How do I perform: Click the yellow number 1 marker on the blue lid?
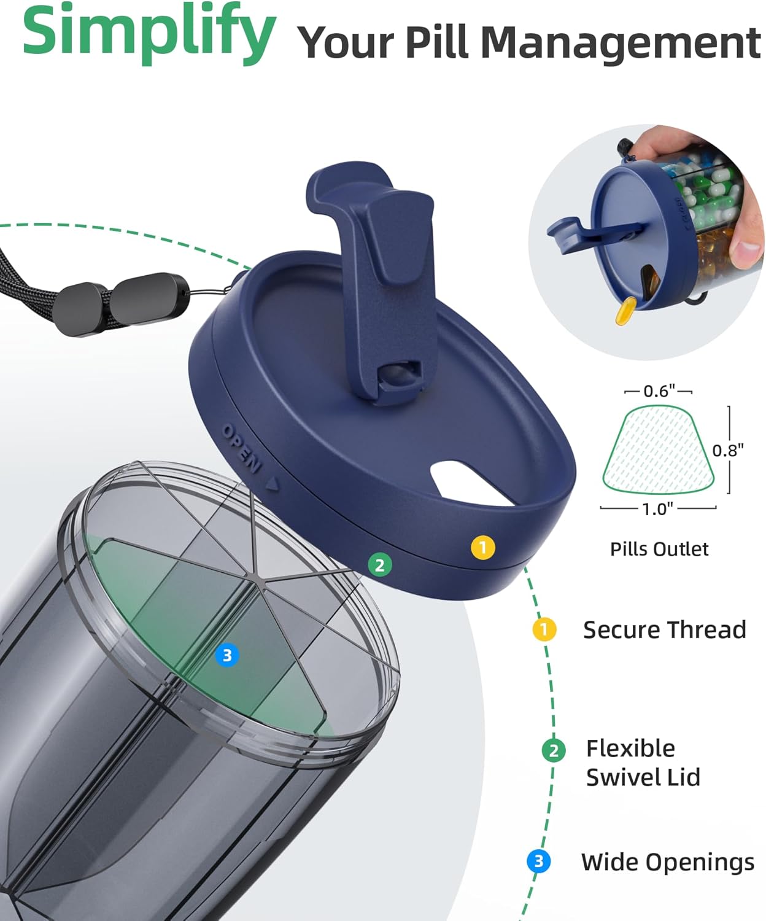pyautogui.click(x=483, y=548)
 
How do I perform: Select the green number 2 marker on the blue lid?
pyautogui.click(x=380, y=565)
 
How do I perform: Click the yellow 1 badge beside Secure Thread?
pyautogui.click(x=544, y=629)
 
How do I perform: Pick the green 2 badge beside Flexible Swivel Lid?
pyautogui.click(x=554, y=750)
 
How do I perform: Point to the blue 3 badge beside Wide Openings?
pyautogui.click(x=539, y=861)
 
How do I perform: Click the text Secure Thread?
pyautogui.click(x=665, y=629)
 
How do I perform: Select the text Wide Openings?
pyautogui.click(x=668, y=862)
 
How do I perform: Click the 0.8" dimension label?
pyautogui.click(x=728, y=450)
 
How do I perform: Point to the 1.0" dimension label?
pyautogui.click(x=657, y=509)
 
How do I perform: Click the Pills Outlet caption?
pyautogui.click(x=659, y=549)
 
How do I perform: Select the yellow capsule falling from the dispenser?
pyautogui.click(x=625, y=311)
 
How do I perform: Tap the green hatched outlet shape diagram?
pyautogui.click(x=659, y=449)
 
